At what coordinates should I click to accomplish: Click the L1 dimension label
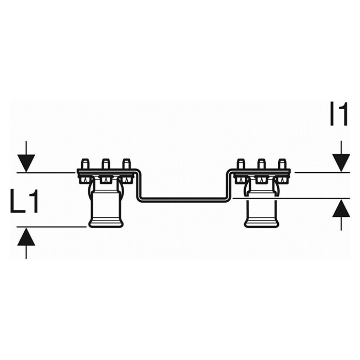tap(24, 201)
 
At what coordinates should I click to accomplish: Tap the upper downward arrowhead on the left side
tap(26, 163)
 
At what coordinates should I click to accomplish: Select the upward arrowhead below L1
tap(26, 236)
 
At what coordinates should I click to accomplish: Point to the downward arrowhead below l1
tap(341, 163)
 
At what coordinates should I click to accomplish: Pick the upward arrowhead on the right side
tap(341, 208)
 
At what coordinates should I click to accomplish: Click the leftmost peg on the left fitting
tap(85, 163)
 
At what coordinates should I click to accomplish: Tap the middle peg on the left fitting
tap(106, 163)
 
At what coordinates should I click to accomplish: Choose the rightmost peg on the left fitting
tap(126, 163)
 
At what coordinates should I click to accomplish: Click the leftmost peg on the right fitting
tap(241, 163)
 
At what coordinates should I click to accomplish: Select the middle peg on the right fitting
tap(261, 163)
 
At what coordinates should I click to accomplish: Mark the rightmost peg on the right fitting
tap(281, 163)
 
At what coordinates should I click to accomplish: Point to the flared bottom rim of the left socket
tap(107, 223)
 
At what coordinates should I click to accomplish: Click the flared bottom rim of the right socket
tap(262, 223)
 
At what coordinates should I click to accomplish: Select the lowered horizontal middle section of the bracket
tap(185, 200)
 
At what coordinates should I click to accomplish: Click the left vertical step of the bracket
tap(139, 186)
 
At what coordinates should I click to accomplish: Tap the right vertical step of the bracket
tap(230, 186)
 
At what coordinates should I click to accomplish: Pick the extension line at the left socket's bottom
tap(52, 227)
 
